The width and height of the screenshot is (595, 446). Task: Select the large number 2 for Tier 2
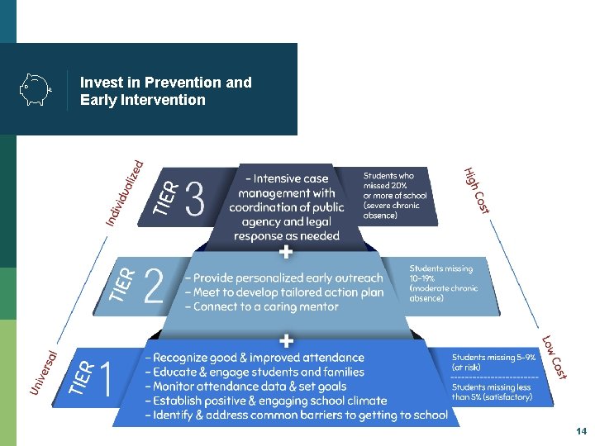pos(154,286)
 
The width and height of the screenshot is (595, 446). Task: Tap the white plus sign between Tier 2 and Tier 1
pos(287,339)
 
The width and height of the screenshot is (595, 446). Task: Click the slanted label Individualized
pos(125,192)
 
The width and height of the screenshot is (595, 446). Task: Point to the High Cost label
pos(477,191)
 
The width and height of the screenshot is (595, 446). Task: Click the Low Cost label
pos(555,358)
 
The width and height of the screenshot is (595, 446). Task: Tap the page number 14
pos(581,432)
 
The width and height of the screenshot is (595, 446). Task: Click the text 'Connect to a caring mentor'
pos(265,307)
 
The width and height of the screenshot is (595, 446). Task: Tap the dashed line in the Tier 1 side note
pos(494,377)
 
